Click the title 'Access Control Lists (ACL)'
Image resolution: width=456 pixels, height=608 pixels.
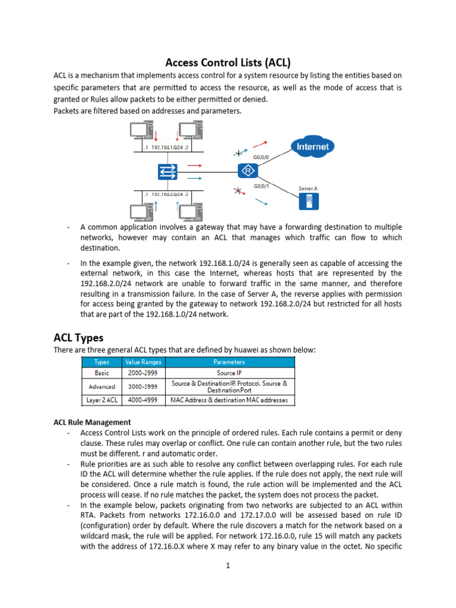227,62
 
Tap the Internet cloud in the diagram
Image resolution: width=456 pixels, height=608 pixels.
312,146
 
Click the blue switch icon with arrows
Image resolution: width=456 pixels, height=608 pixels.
167,172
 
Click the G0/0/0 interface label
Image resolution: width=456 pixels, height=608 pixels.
261,157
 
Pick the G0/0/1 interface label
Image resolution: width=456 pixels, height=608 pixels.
261,186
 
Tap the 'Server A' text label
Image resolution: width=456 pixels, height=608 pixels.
308,189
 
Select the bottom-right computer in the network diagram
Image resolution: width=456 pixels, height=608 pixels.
191,213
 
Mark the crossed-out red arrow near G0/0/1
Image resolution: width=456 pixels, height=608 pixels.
239,192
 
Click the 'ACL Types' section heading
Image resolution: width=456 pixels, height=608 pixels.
78,338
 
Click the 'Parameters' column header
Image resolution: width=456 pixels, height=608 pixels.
229,362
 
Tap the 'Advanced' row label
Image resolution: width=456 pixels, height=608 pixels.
102,387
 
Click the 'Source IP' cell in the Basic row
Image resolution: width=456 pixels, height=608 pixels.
229,373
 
